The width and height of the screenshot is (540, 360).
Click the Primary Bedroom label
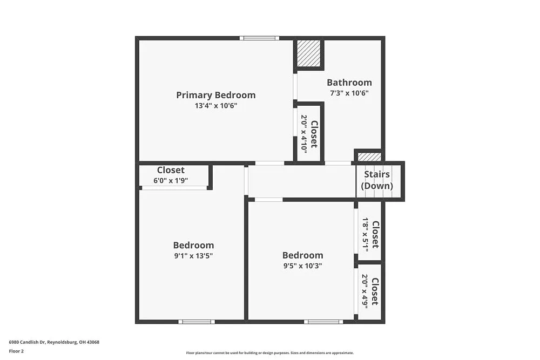pyautogui.click(x=215, y=95)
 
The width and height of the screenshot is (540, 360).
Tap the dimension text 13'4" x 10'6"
pyautogui.click(x=216, y=106)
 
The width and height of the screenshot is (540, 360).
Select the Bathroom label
pyautogui.click(x=349, y=83)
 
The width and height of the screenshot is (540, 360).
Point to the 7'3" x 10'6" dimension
pyautogui.click(x=349, y=93)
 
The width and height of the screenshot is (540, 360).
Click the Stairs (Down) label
pyautogui.click(x=377, y=180)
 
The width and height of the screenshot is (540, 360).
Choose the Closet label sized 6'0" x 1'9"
pyautogui.click(x=171, y=170)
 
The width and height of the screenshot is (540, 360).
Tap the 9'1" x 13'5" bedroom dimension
pyautogui.click(x=193, y=256)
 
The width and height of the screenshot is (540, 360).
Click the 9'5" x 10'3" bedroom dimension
pyautogui.click(x=302, y=266)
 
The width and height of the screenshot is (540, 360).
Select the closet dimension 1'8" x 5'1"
pyautogui.click(x=365, y=234)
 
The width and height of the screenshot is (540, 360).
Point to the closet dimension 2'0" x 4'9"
pyautogui.click(x=365, y=291)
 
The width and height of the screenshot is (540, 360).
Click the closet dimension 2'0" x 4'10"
pyautogui.click(x=304, y=134)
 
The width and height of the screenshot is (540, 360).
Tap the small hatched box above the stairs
pyautogui.click(x=369, y=157)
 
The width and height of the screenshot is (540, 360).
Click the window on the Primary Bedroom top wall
pyautogui.click(x=259, y=38)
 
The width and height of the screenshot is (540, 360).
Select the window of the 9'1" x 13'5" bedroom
pyautogui.click(x=197, y=322)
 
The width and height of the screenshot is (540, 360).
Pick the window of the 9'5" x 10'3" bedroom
pyautogui.click(x=323, y=322)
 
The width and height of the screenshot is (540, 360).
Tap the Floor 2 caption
pyautogui.click(x=16, y=351)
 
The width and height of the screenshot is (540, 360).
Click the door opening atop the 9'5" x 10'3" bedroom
pyautogui.click(x=268, y=200)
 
